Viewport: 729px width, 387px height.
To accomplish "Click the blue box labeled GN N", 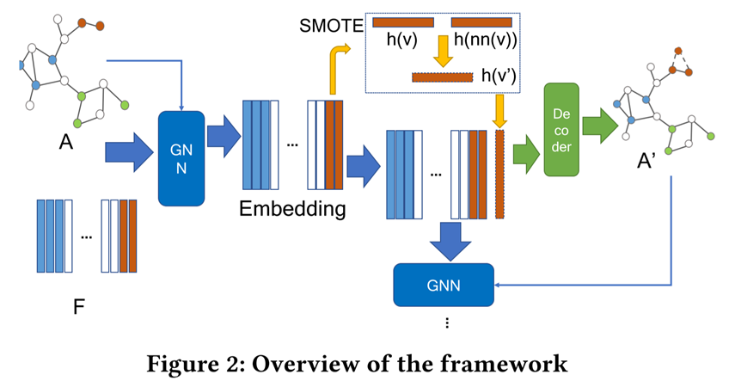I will coord(181,158).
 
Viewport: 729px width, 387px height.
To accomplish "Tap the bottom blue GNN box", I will coord(444,282).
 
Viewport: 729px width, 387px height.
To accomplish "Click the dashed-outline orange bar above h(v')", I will coord(442,77).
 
